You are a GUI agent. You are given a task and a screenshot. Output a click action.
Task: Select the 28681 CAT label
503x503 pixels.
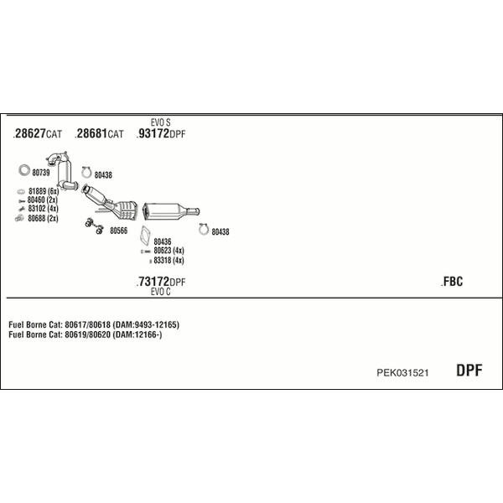(x=100, y=134)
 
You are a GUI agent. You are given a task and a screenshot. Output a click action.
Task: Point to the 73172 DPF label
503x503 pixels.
(x=162, y=282)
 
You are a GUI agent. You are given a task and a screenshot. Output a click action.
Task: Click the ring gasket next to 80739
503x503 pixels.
(x=23, y=172)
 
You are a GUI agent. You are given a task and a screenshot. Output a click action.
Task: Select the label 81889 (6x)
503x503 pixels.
(x=42, y=191)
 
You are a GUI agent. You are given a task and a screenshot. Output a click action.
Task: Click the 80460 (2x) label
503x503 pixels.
(x=42, y=200)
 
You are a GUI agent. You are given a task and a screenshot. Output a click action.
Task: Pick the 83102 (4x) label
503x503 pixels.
(x=42, y=209)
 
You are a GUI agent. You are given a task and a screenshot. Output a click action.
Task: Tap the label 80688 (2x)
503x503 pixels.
(x=43, y=218)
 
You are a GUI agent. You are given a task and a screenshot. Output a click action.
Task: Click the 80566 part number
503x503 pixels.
(x=118, y=231)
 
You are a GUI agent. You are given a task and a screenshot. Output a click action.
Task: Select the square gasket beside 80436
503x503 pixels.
(x=144, y=233)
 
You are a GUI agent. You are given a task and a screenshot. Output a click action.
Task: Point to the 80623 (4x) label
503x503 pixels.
(x=169, y=251)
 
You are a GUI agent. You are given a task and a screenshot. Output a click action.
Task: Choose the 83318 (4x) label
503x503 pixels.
(x=169, y=261)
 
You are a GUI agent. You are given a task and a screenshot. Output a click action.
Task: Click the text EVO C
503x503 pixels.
(x=161, y=292)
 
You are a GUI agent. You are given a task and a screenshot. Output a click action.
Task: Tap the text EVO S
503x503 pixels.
(x=161, y=122)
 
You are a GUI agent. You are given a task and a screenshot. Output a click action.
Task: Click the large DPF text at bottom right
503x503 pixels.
(x=469, y=371)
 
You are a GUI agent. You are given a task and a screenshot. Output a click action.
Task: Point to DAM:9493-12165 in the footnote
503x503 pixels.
(x=148, y=324)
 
